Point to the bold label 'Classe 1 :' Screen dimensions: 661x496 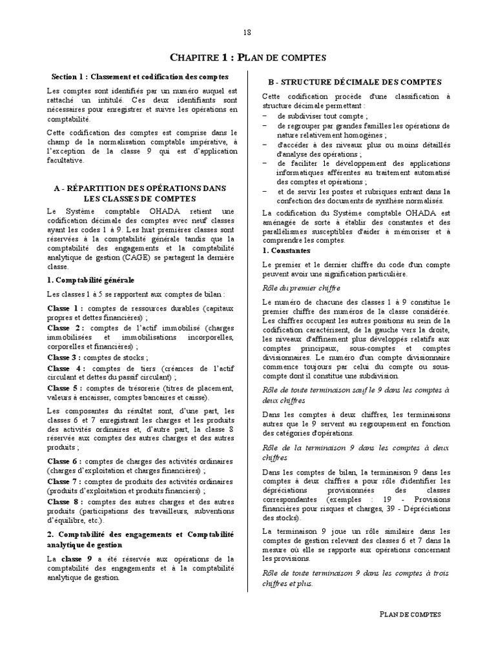(65, 308)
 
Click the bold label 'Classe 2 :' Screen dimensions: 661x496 (65, 328)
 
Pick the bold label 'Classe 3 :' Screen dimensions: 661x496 (64, 357)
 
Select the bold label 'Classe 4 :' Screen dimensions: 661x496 (65, 368)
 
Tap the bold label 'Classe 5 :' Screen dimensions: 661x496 (65, 387)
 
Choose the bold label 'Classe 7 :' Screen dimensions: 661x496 (65, 482)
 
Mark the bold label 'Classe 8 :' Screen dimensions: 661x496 (65, 502)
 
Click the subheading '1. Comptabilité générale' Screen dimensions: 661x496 (91, 280)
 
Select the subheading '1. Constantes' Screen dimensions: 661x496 (287, 250)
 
